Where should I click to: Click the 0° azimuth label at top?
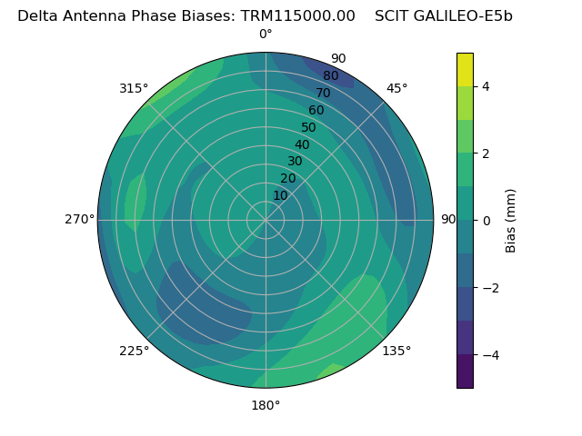point(266,35)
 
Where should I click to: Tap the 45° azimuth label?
point(396,89)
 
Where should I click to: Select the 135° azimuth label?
point(396,351)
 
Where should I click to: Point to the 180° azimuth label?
point(266,405)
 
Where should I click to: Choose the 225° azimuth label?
point(134,351)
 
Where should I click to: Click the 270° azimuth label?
point(80,220)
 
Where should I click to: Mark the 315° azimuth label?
point(134,89)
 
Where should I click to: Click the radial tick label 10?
point(280,195)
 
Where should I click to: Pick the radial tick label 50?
point(308,128)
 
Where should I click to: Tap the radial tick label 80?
point(330,76)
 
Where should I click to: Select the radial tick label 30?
point(295,162)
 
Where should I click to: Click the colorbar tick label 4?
point(487,86)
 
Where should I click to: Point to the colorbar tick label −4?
point(490,355)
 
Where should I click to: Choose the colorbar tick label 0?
point(487,221)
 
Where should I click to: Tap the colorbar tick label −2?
point(490,288)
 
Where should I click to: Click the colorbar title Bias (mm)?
point(511,221)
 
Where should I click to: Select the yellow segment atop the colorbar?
point(465,70)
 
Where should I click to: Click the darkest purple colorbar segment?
point(465,372)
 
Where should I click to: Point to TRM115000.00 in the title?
point(297,15)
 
